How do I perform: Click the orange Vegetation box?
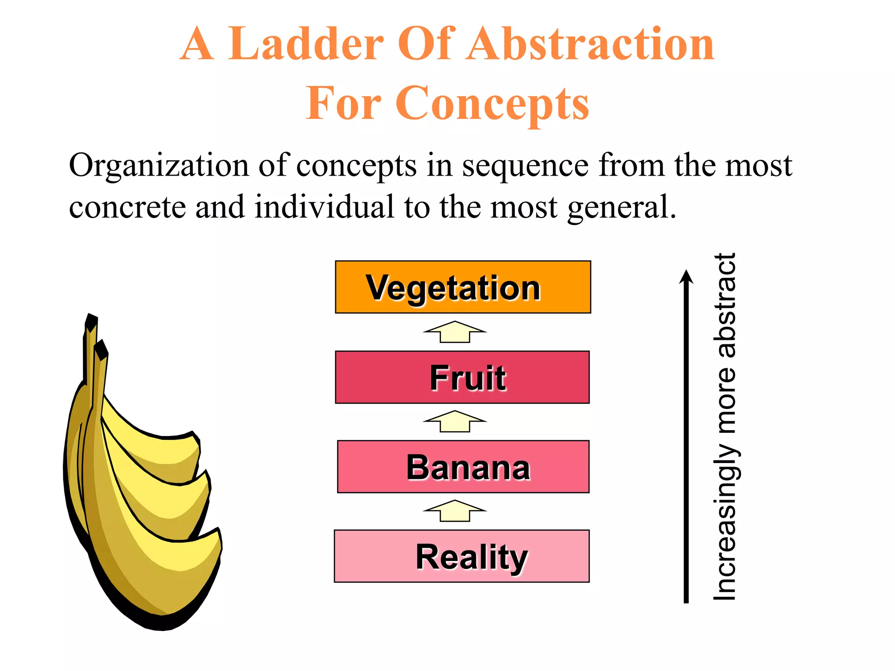pyautogui.click(x=463, y=287)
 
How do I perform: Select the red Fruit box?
pyautogui.click(x=462, y=377)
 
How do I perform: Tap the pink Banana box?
pyautogui.click(x=463, y=467)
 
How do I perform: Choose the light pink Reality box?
pyautogui.click(x=461, y=556)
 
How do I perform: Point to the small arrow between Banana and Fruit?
pyautogui.click(x=454, y=422)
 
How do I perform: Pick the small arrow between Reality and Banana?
pyautogui.click(x=454, y=511)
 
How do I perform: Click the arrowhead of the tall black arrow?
pyautogui.click(x=686, y=277)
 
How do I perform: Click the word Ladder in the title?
pyautogui.click(x=305, y=44)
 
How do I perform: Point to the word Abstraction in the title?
pyautogui.click(x=590, y=44)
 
